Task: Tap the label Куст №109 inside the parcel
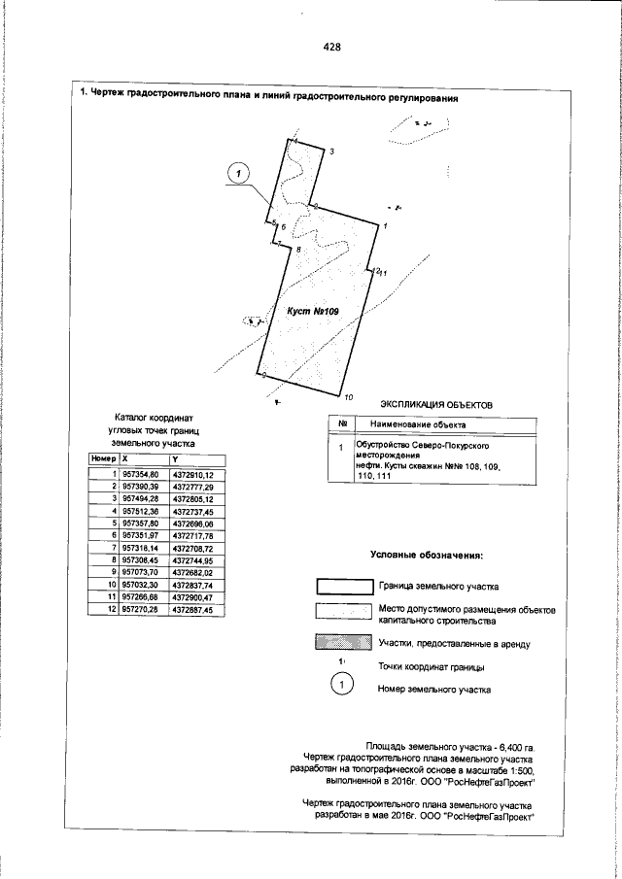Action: tap(311, 311)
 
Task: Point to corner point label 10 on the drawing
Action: tap(349, 397)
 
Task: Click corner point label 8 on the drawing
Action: tap(298, 251)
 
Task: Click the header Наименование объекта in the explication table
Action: tap(412, 424)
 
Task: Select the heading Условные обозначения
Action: tap(427, 556)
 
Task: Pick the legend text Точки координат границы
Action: tap(432, 666)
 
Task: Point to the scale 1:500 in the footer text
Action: tap(518, 768)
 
